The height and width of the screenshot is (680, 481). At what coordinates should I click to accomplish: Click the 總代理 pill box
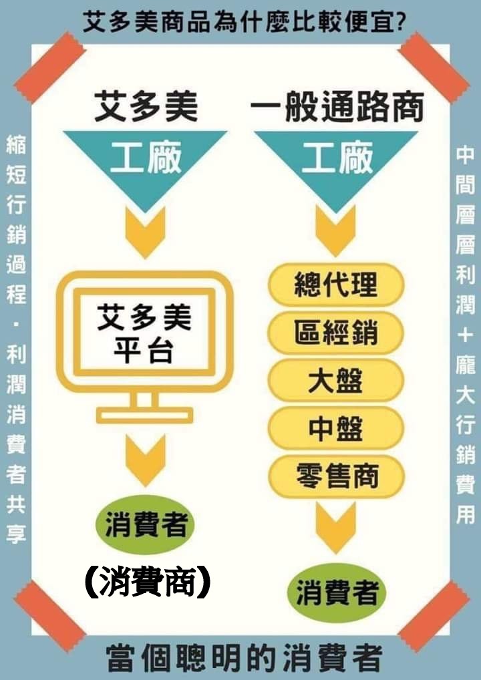[x=336, y=285]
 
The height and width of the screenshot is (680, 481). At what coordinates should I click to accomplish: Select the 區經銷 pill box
[x=336, y=333]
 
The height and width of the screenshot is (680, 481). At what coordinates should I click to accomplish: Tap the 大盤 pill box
[x=336, y=380]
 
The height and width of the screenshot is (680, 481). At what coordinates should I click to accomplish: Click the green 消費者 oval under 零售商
[x=337, y=592]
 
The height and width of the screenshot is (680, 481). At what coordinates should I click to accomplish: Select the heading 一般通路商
[x=337, y=108]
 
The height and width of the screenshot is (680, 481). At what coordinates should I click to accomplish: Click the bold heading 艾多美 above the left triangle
[x=146, y=108]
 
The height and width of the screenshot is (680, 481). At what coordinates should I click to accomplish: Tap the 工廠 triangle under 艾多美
[x=146, y=160]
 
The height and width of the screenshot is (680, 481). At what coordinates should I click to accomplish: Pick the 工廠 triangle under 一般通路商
[x=336, y=160]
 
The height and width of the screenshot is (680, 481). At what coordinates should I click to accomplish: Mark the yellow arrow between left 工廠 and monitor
[x=145, y=231]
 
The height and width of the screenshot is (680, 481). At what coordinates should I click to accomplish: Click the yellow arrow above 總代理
[x=336, y=231]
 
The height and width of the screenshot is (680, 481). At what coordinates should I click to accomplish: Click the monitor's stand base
[x=144, y=415]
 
